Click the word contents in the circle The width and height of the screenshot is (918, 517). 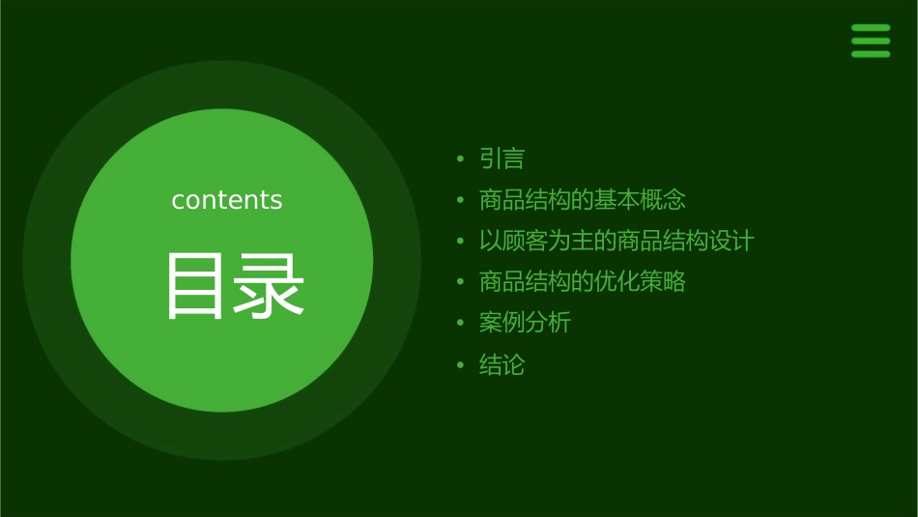point(227,200)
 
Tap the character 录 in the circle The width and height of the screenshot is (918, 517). point(270,286)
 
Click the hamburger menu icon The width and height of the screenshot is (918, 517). point(871,41)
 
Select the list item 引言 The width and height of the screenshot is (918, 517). point(502,158)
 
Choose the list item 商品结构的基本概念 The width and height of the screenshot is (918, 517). point(582,200)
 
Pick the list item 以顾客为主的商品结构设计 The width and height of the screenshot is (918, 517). point(616,241)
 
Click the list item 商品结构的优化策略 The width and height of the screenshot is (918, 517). point(582,282)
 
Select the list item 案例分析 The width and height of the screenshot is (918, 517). point(525,323)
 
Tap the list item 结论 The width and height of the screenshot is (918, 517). point(502,365)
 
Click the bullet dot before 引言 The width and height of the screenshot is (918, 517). point(461,159)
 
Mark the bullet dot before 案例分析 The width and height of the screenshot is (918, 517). point(461,324)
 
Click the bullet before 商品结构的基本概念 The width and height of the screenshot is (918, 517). point(461,201)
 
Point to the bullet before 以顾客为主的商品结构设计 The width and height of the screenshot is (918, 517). point(461,242)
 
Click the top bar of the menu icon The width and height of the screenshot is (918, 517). point(871,28)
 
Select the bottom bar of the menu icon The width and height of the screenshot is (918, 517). point(871,54)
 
